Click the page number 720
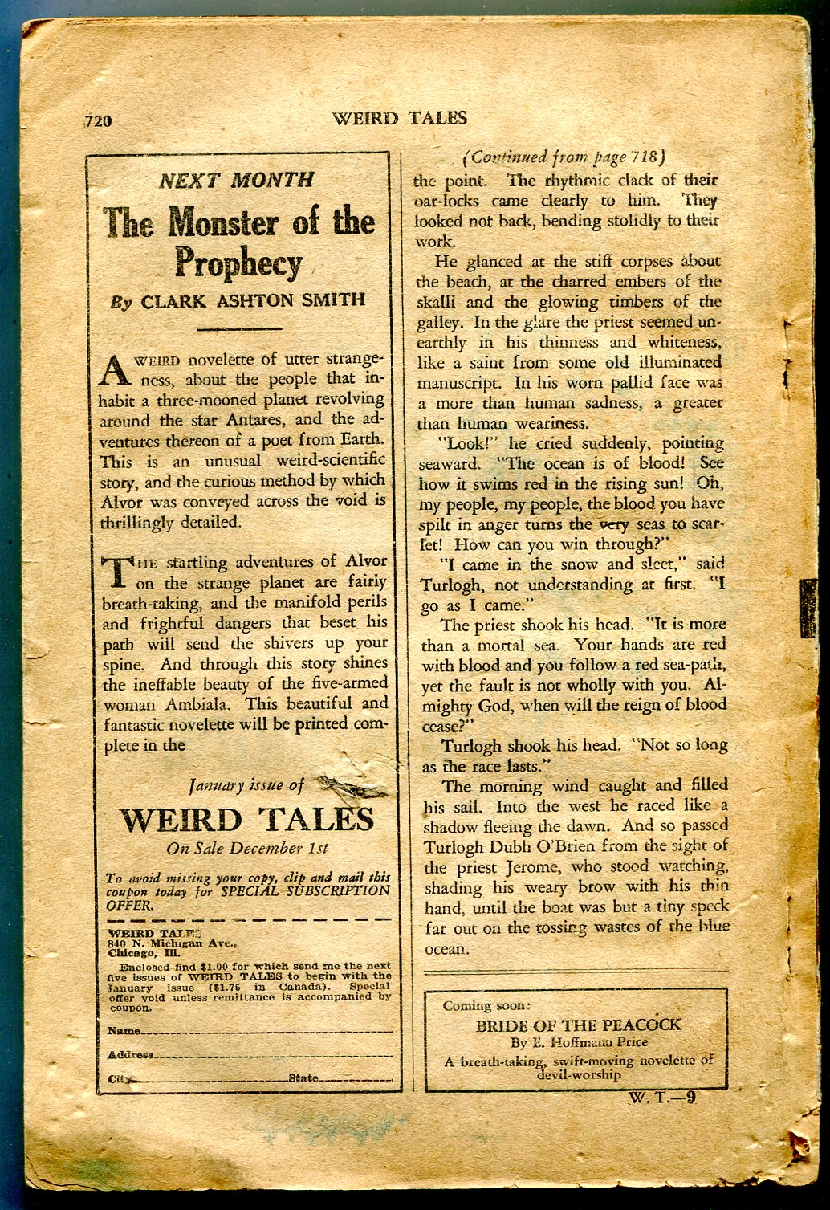(99, 121)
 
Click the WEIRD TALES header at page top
(399, 118)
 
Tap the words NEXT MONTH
(236, 180)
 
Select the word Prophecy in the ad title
(238, 263)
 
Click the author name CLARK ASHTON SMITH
(253, 300)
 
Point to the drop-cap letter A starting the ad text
(114, 370)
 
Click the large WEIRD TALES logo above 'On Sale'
(247, 820)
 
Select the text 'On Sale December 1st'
(247, 848)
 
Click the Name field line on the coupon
(265, 1030)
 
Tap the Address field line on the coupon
(273, 1054)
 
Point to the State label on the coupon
(303, 1078)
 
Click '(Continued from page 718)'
(564, 157)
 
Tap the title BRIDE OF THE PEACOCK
(578, 1025)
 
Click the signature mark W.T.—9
(663, 1098)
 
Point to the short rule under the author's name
(238, 328)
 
